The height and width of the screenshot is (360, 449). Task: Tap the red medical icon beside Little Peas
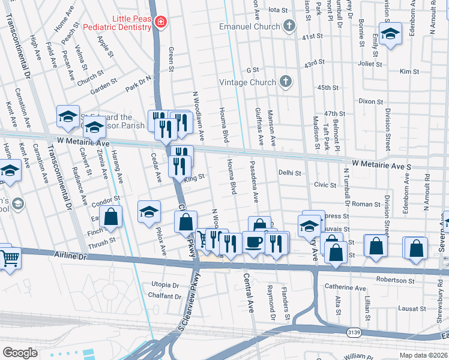click(x=160, y=23)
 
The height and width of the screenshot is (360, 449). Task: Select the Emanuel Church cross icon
click(x=289, y=26)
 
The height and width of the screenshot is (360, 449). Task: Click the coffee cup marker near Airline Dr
click(x=252, y=242)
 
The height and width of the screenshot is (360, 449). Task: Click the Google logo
click(x=20, y=352)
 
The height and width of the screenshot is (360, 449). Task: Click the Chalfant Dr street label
click(x=164, y=296)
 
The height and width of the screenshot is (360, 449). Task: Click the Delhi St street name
click(x=289, y=173)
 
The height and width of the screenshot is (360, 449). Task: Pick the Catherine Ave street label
click(x=345, y=288)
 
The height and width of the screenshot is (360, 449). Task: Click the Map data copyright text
click(x=424, y=355)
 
